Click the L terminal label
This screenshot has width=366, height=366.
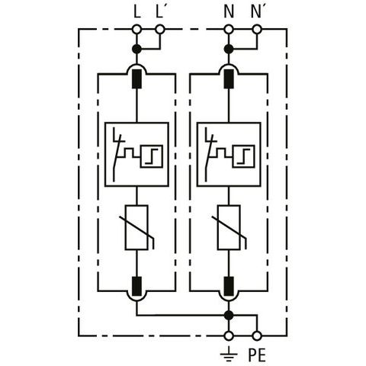[137, 12]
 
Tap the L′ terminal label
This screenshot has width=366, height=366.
[159, 12]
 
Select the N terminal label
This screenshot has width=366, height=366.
[229, 12]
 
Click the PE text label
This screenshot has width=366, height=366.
[257, 355]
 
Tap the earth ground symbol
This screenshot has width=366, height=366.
[229, 354]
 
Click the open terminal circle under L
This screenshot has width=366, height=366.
[136, 30]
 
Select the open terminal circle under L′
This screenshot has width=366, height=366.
[160, 30]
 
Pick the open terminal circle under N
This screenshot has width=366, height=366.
[229, 30]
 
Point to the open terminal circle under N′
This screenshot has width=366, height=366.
[257, 30]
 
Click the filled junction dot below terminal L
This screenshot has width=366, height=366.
[136, 49]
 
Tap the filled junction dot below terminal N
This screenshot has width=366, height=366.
[229, 49]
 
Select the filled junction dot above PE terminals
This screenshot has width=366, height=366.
[229, 316]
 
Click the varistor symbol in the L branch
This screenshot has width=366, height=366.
[136, 228]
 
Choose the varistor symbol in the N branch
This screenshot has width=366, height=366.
[229, 228]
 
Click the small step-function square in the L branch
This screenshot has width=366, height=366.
[152, 156]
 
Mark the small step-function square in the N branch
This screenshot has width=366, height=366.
[243, 156]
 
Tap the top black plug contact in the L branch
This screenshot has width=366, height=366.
[136, 79]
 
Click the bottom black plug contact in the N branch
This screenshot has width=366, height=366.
[229, 287]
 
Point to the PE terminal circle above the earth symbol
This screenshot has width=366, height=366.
[229, 336]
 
